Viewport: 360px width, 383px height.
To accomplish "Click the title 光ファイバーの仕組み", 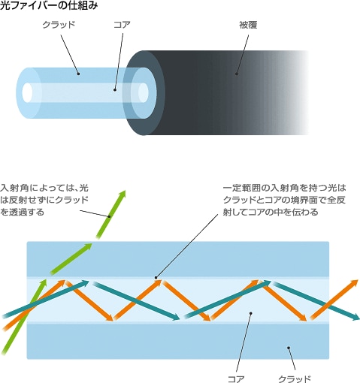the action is (49, 5).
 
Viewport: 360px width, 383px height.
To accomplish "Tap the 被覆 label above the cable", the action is (248, 25).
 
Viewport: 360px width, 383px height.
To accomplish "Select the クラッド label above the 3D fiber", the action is (59, 25).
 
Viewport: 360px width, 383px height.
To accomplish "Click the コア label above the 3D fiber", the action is (122, 25).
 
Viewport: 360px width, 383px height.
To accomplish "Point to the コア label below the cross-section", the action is (236, 379).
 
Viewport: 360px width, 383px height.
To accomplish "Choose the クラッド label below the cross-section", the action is (295, 379).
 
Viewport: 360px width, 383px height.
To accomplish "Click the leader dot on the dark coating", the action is (237, 74).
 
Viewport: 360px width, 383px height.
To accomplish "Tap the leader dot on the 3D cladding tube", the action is (78, 74).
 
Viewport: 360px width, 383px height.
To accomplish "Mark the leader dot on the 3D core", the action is (115, 89).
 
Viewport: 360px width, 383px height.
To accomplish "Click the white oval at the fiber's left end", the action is (27, 92).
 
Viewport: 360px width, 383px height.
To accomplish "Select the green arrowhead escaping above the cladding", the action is (122, 195).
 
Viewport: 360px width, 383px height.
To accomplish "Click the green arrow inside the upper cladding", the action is (71, 259).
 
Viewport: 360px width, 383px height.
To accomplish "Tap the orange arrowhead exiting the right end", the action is (355, 283).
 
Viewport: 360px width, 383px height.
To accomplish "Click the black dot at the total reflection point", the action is (156, 277).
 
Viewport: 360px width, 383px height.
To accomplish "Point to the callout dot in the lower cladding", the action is (289, 348).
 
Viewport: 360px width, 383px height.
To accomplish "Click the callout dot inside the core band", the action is (250, 313).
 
